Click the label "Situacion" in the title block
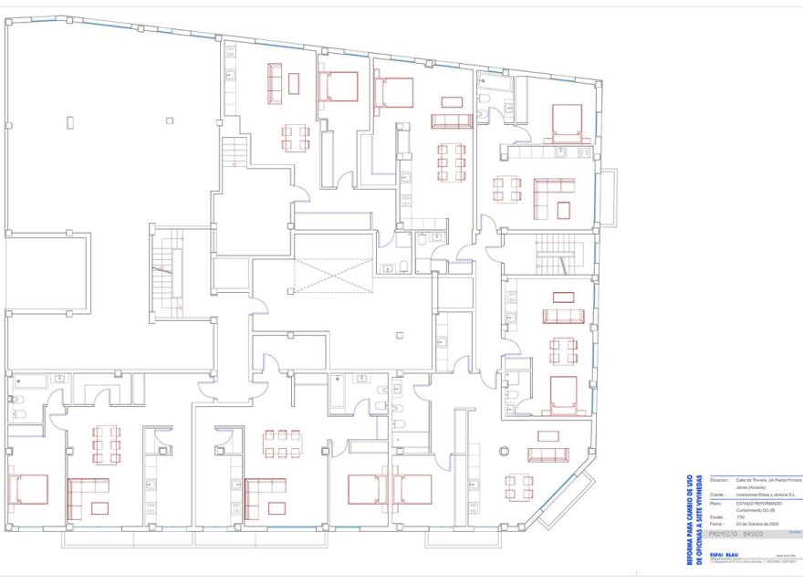tap(718, 479)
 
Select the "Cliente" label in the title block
tap(716, 494)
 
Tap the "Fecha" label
tap(715, 525)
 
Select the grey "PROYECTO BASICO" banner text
tap(740, 534)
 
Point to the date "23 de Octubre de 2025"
tap(756, 525)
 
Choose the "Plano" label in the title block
tap(716, 502)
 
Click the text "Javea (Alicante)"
tap(752, 486)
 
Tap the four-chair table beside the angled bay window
tap(520, 485)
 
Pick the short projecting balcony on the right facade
tap(609, 196)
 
